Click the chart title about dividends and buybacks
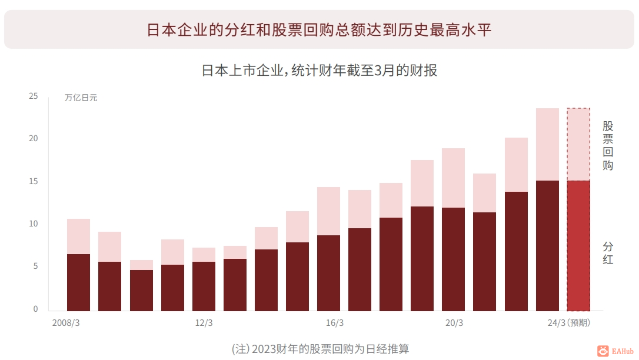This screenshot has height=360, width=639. coord(319,30)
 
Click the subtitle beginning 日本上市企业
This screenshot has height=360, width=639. coord(319,71)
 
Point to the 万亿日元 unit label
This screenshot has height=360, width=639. coord(81,98)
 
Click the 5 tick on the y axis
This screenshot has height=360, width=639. coord(35,266)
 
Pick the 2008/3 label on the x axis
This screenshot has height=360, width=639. coord(66,323)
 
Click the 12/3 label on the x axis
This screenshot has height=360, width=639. coord(204,323)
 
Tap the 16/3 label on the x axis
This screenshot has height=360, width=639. coord(334,323)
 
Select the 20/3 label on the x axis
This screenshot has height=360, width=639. coord(454,323)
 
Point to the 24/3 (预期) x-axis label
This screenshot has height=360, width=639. coord(568,323)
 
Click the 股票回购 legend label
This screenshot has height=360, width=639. coord(608,145)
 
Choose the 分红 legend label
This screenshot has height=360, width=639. coord(608,253)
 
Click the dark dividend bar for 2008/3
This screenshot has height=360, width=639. coord(78,282)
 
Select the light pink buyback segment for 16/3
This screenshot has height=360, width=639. coord(328,211)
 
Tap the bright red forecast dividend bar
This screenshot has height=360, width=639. coord(578,246)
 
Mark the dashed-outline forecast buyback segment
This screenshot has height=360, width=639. coord(578,144)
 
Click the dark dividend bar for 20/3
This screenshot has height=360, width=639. coord(453,259)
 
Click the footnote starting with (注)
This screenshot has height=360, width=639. coord(320,349)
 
